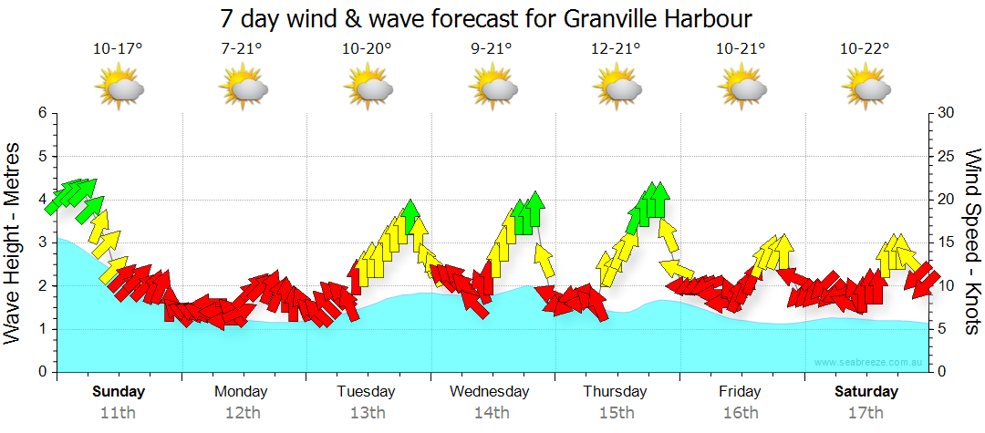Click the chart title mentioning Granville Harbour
[x=492, y=18]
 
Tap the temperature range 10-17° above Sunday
[x=119, y=49]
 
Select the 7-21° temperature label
[x=243, y=49]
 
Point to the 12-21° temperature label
[x=617, y=49]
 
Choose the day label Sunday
[x=119, y=392]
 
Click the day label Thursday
[x=615, y=392]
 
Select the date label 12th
[x=242, y=412]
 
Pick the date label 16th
[x=740, y=412]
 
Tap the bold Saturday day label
[x=866, y=392]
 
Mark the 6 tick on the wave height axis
[x=42, y=113]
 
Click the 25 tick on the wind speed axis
[x=947, y=156]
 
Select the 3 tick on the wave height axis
[x=42, y=242]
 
